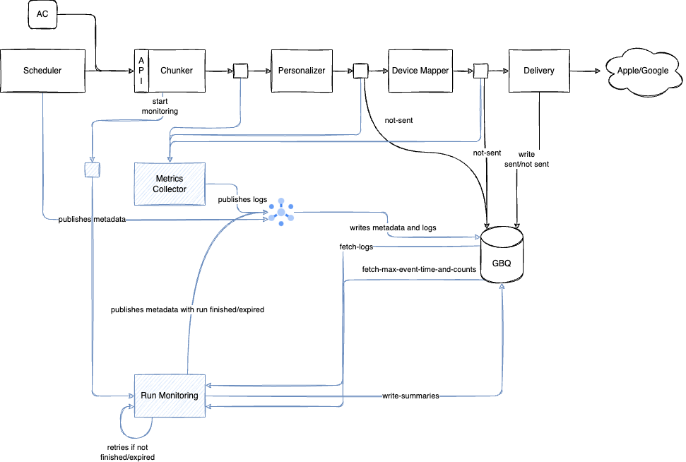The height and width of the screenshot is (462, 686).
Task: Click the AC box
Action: tap(42, 15)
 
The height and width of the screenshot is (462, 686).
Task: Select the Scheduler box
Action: tap(42, 71)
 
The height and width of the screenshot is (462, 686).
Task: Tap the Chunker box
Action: tap(177, 71)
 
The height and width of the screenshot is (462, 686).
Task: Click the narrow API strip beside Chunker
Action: tap(141, 71)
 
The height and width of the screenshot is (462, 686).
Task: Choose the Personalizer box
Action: tap(302, 71)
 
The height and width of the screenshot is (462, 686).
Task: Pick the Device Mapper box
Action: tap(420, 71)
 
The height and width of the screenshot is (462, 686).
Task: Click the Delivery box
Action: tap(539, 71)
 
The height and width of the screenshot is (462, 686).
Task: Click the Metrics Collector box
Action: tap(170, 184)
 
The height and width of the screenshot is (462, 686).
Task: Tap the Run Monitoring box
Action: tap(170, 396)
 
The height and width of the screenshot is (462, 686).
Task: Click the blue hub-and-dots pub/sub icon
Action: tap(281, 212)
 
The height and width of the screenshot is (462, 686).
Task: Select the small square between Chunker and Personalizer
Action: tap(240, 71)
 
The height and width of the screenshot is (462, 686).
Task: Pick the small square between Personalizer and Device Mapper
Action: tap(360, 71)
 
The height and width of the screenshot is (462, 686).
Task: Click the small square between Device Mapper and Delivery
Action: tap(480, 71)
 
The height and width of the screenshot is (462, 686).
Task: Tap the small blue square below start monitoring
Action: tap(92, 170)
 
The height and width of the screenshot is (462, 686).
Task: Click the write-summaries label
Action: tap(410, 396)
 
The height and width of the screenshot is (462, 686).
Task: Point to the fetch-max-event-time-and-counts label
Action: tap(418, 269)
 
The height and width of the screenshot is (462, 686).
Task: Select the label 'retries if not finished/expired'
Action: tap(127, 451)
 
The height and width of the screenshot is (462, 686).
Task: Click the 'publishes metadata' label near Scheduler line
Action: tap(93, 220)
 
